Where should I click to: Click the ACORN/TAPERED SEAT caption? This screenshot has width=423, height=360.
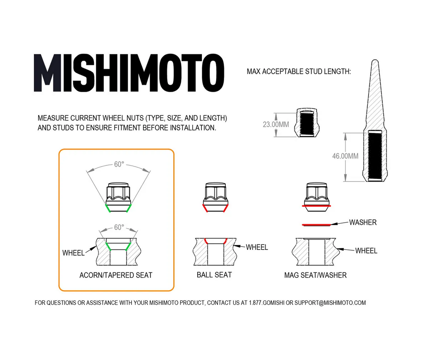(116, 275)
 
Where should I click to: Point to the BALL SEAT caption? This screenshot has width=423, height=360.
(214, 275)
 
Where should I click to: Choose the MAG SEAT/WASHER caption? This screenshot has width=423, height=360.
(315, 275)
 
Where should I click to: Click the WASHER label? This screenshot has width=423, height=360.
(363, 222)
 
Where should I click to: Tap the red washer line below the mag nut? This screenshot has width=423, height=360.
(316, 225)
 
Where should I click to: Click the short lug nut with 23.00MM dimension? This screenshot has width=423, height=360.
(307, 122)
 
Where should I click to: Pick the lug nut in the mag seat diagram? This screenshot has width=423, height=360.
(316, 196)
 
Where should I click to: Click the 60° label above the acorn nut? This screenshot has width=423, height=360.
(119, 165)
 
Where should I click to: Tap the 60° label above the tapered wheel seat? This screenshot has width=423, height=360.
(119, 228)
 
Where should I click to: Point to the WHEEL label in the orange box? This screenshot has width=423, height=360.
(73, 253)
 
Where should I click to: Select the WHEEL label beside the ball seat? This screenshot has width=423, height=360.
(257, 247)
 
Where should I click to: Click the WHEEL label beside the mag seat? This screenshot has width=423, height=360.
(366, 251)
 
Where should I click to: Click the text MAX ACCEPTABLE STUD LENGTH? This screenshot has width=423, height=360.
(299, 72)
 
